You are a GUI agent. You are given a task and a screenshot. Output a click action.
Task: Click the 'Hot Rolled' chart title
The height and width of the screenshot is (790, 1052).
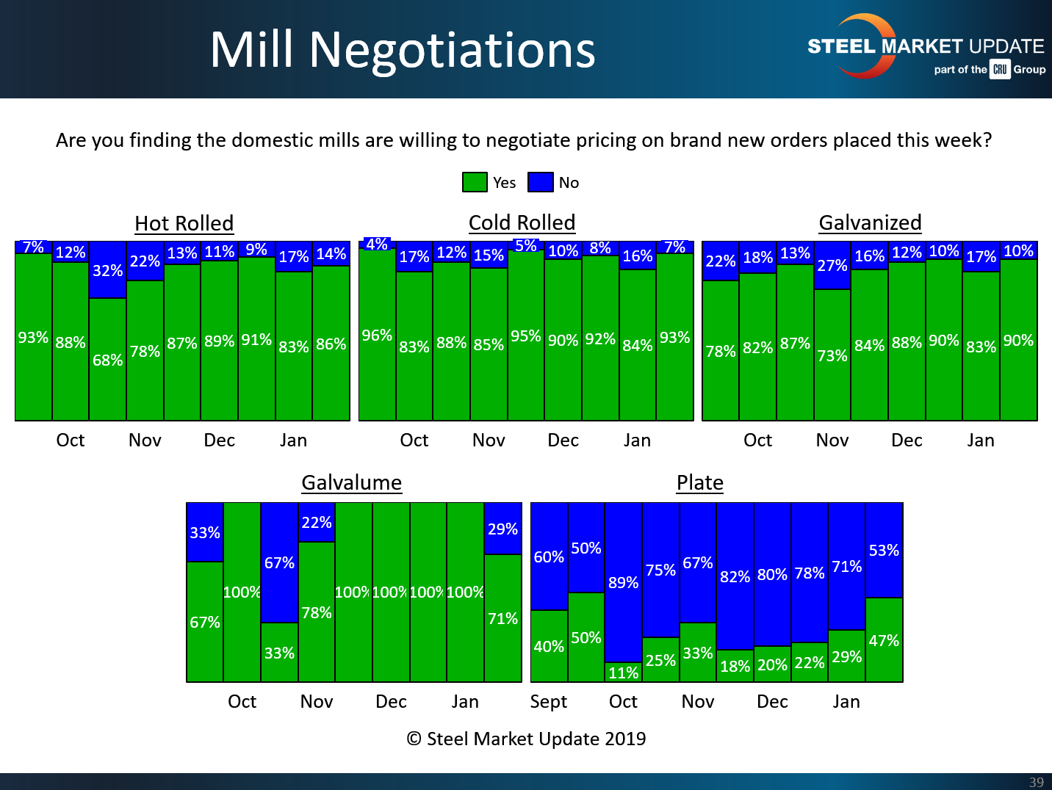click(184, 223)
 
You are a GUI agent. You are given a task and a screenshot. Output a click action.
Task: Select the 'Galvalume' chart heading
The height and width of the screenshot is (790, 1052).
click(352, 482)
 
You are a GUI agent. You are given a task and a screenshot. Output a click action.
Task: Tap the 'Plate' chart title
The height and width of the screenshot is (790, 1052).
click(699, 482)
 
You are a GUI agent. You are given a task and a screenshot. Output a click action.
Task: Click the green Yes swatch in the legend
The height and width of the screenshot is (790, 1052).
click(475, 182)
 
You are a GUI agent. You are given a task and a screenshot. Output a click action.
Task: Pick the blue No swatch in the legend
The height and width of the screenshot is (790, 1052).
click(541, 182)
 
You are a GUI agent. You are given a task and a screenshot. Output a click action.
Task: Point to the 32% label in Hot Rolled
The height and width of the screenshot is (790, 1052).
click(107, 271)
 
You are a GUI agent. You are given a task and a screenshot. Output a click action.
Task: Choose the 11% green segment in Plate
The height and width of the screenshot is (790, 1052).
click(623, 673)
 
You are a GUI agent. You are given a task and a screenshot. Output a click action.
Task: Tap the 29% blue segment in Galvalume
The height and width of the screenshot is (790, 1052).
click(502, 529)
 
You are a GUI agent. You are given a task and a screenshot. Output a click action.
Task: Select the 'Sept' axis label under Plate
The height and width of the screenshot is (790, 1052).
click(548, 702)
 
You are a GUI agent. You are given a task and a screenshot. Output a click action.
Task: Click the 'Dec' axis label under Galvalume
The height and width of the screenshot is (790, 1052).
click(391, 702)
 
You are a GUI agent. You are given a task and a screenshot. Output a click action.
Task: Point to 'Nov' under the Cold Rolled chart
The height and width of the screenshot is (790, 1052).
click(489, 441)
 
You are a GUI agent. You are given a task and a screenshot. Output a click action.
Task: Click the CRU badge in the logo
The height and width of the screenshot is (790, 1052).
click(1000, 70)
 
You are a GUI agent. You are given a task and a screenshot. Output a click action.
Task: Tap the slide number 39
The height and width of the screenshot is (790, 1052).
click(1036, 782)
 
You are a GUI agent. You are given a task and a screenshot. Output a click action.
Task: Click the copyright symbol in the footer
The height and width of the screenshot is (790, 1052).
click(414, 739)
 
